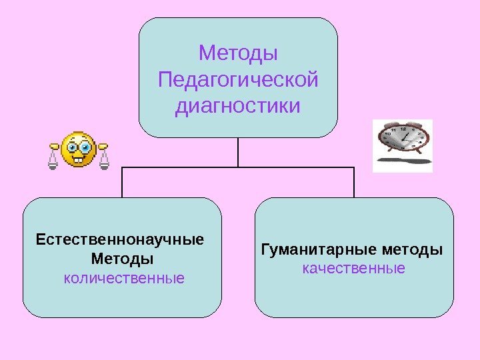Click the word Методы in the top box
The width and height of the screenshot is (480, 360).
coord(238,52)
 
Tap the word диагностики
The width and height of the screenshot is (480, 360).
coord(238,107)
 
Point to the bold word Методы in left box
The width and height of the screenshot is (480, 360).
coord(121,257)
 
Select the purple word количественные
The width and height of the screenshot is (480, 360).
coord(124,276)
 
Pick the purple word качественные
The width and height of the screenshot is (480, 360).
coord(353,269)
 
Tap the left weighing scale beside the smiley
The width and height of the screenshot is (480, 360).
coord(53,157)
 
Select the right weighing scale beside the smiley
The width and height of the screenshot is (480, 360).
coord(103,157)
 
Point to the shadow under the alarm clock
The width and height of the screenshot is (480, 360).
coord(403,161)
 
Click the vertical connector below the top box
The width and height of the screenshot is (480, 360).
coord(238,152)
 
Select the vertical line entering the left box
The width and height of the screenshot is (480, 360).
coord(123,182)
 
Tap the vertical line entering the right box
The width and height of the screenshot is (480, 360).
coord(353,182)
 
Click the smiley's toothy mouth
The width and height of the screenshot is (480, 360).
coord(78,159)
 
